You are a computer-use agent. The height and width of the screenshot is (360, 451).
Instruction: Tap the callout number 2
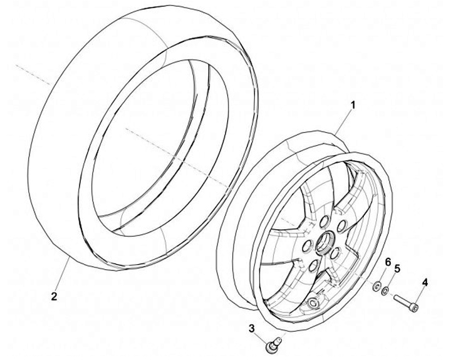click(54, 296)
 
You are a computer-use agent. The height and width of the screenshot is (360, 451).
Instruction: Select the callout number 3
click(252, 328)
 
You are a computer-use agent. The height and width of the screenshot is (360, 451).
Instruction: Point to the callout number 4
click(425, 284)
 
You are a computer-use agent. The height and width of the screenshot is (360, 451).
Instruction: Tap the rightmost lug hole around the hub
click(342, 226)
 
